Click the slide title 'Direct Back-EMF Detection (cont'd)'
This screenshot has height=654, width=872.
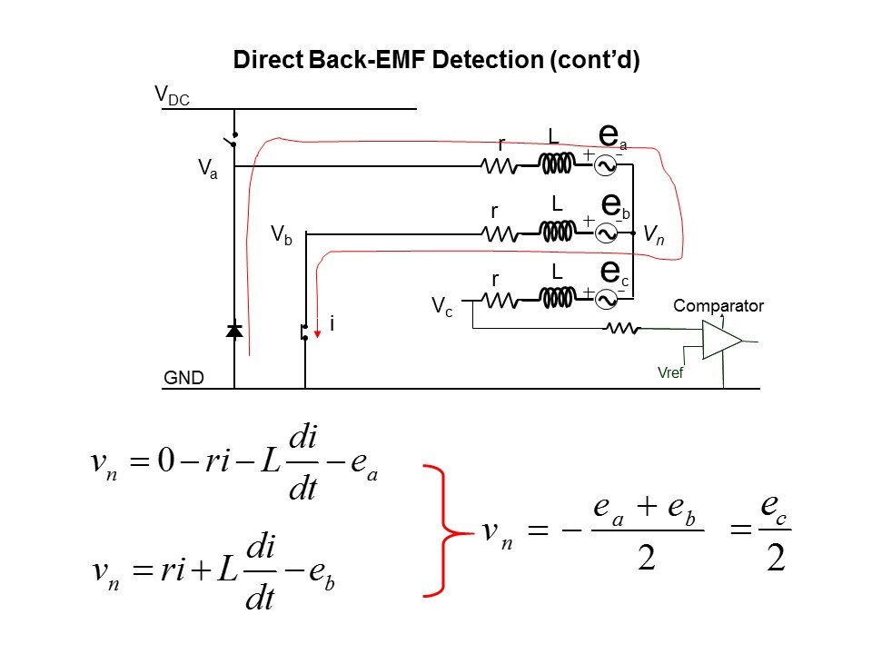(x=437, y=61)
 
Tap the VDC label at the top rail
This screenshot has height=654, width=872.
(x=172, y=94)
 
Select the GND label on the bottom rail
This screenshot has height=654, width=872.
(x=184, y=377)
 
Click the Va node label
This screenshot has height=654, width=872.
(x=207, y=170)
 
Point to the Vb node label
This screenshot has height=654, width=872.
(x=281, y=234)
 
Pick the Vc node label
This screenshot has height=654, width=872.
(x=442, y=304)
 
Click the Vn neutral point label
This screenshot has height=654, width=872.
(x=653, y=234)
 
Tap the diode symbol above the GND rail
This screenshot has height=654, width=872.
(x=234, y=332)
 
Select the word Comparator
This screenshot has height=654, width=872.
(x=718, y=306)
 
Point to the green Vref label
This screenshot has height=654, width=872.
(x=669, y=372)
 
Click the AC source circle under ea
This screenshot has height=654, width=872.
(x=606, y=165)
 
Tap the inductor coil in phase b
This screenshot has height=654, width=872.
(x=557, y=233)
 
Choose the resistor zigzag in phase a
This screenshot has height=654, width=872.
(x=499, y=166)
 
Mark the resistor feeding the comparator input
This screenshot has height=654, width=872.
(x=623, y=329)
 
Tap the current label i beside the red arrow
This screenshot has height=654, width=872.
(x=332, y=323)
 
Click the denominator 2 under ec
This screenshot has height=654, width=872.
(x=775, y=557)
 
